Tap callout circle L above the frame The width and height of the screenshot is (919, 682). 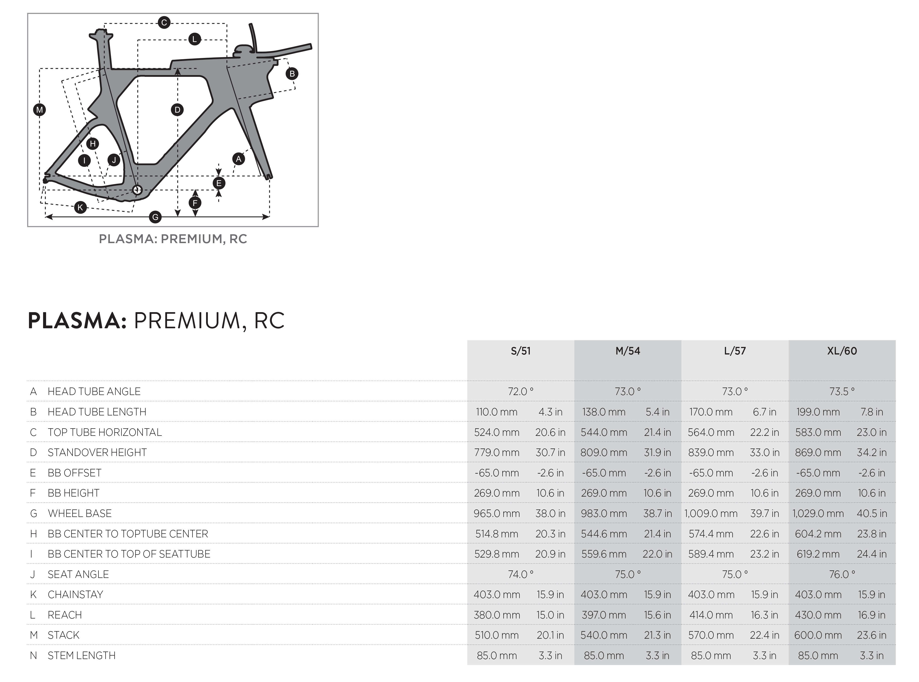[x=194, y=39]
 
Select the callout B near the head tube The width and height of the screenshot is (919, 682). [x=292, y=74]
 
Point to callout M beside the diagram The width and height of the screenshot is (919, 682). [x=40, y=110]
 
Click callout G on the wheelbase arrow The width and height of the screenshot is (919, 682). [x=155, y=217]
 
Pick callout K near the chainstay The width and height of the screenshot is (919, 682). [x=81, y=207]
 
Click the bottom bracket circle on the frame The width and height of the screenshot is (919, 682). [x=137, y=190]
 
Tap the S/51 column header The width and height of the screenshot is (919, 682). [x=521, y=351]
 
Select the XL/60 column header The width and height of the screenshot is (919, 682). [x=842, y=351]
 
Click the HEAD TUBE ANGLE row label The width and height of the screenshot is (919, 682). [x=94, y=391]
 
